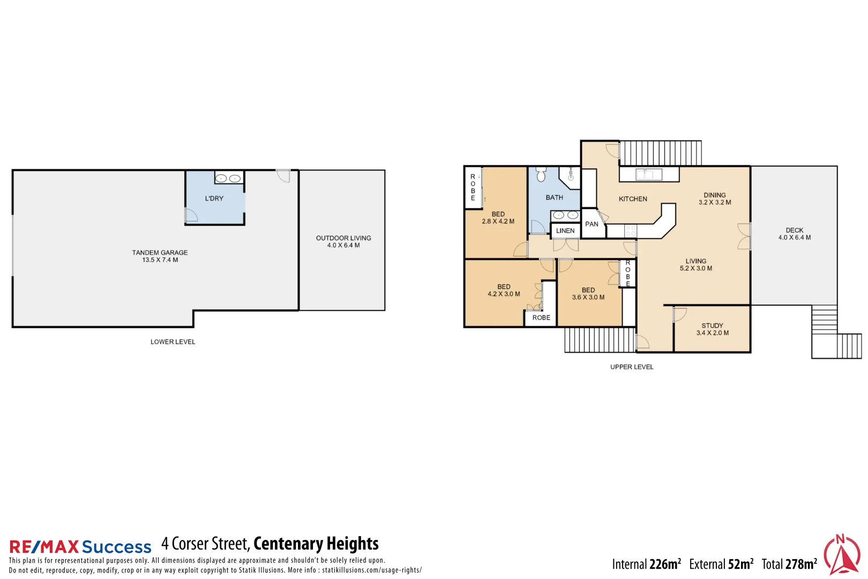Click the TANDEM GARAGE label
coord(160,256)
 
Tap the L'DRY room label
coord(214,198)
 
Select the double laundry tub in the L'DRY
coord(228,178)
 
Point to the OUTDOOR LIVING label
coord(343,241)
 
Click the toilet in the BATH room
coord(541,174)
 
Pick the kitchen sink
coord(648,174)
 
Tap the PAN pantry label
coord(592,224)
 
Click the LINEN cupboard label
coord(565,231)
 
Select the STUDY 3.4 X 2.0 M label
coord(712,329)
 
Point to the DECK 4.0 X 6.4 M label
coord(794,234)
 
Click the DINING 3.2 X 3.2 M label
coord(714,199)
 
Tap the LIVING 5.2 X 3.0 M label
coord(695,265)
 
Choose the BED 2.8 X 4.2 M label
coord(498,218)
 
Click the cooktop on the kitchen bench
coord(631,231)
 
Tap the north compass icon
coord(842,555)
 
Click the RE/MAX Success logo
coord(80,547)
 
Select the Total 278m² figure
coord(789,564)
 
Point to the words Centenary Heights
coord(316,544)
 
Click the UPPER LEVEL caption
coord(632,367)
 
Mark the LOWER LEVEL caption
coord(173,342)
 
